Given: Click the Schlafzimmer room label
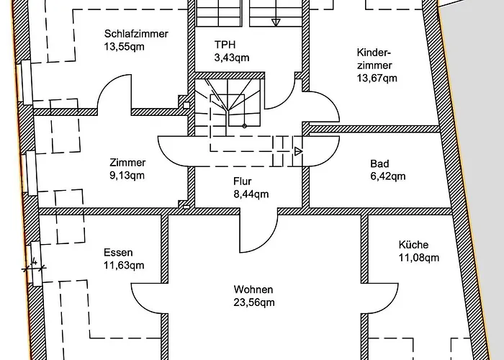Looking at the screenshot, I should (x=136, y=34).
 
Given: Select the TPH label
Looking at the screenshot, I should (x=225, y=45).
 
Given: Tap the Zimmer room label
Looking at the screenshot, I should (x=127, y=163).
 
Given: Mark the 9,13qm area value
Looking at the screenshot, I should (x=127, y=175).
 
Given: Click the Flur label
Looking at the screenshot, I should (x=241, y=181).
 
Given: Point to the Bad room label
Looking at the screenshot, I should (x=378, y=163).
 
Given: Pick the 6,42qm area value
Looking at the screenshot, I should (x=387, y=176).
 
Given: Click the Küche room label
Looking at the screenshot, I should (x=413, y=245).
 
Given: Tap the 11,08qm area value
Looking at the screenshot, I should (x=418, y=257).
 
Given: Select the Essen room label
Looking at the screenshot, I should (x=118, y=253).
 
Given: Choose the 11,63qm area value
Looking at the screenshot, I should (x=124, y=265).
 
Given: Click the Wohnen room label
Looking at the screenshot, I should (x=253, y=290).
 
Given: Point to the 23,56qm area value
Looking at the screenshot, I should (x=253, y=302).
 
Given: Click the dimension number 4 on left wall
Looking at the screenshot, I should (x=34, y=261).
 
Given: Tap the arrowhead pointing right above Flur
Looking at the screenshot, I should (x=298, y=150).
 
